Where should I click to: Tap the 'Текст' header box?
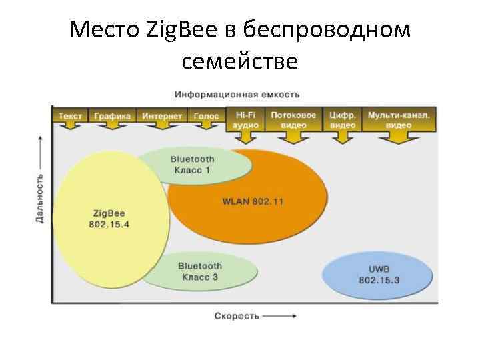pyautogui.click(x=70, y=116)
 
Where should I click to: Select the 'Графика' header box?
pyautogui.click(x=112, y=116)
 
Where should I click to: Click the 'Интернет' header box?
pyautogui.click(x=162, y=116)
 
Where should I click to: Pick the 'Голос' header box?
pyautogui.click(x=207, y=116)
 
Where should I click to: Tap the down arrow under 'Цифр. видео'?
pyautogui.click(x=343, y=137)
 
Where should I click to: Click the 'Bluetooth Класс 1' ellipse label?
pyautogui.click(x=192, y=165)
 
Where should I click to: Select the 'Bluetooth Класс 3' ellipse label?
pyautogui.click(x=199, y=271)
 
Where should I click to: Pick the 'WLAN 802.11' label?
pyautogui.click(x=253, y=201)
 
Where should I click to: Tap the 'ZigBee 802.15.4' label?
pyautogui.click(x=109, y=219)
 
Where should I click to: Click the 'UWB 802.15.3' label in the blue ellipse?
pyautogui.click(x=379, y=275)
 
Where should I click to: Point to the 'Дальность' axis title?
pyautogui.click(x=40, y=198)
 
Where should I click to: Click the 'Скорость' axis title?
pyautogui.click(x=237, y=315)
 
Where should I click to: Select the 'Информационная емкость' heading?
pyautogui.click(x=237, y=94)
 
